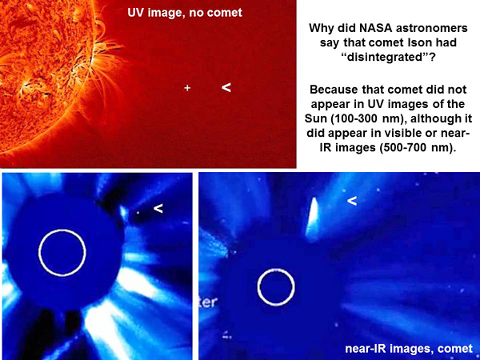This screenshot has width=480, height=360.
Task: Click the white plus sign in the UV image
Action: pyautogui.click(x=187, y=88)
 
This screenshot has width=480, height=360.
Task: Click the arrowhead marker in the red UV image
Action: pyautogui.click(x=226, y=87)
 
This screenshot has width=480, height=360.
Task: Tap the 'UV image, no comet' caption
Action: pyautogui.click(x=185, y=13)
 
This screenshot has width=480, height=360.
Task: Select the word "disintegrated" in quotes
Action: pyautogui.click(x=388, y=58)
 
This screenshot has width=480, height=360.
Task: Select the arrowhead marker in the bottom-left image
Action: pyautogui.click(x=158, y=209)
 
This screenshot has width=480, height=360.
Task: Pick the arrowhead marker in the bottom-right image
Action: pyautogui.click(x=352, y=201)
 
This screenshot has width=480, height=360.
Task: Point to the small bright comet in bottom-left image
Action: pyautogui.click(x=123, y=212)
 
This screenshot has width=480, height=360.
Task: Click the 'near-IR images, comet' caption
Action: pyautogui.click(x=409, y=348)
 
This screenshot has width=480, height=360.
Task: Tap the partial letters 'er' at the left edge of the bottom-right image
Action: pyautogui.click(x=210, y=302)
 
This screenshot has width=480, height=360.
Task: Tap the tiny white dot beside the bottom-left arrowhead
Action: pyautogui.click(x=138, y=212)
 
